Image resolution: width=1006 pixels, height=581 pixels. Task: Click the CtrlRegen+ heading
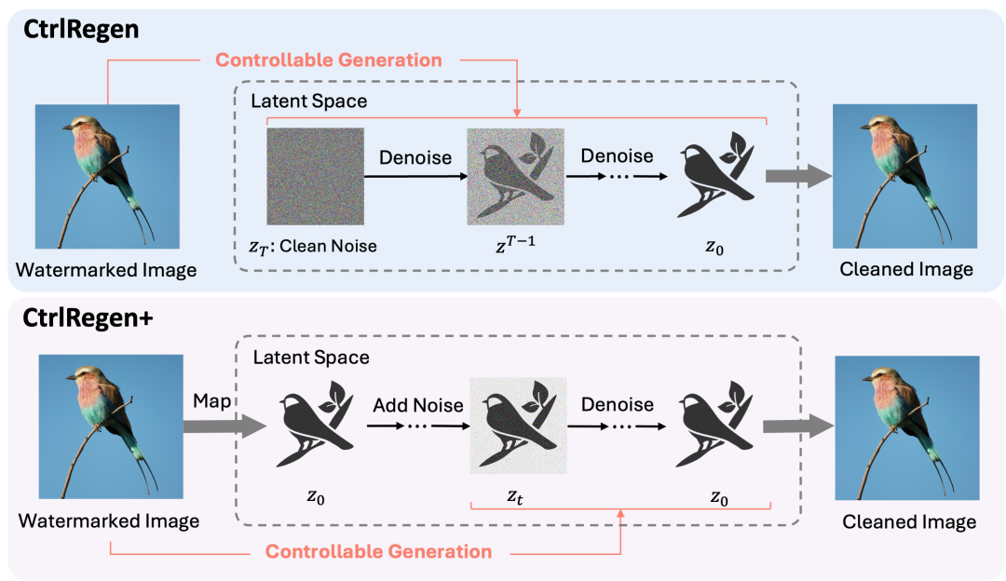88,318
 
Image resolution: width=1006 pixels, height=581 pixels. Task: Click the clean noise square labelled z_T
315,176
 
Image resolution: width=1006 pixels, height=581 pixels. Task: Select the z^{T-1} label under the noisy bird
515,244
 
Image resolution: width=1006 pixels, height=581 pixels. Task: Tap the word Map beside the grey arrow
211,401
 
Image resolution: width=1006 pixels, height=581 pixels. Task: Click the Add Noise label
418,405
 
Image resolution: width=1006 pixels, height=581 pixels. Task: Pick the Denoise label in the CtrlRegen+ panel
618,405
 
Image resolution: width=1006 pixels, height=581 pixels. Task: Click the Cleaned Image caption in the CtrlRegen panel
906,269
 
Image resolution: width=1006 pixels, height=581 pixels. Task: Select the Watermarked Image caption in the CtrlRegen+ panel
108,520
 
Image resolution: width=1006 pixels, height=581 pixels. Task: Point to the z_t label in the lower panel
515,497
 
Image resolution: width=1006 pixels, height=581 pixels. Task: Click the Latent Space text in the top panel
308,101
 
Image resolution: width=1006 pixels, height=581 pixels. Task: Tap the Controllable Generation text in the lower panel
378,551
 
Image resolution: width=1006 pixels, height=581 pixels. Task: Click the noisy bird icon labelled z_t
519,426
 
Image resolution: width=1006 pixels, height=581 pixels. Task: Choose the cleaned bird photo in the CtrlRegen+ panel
907,427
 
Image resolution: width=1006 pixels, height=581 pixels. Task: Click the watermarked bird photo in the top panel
107,176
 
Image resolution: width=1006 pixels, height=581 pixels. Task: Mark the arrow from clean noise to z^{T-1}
415,176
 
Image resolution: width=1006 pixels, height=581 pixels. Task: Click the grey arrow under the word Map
224,426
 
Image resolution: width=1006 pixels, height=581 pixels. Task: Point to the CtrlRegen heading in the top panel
81,29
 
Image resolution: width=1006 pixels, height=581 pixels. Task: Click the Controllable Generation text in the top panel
329,60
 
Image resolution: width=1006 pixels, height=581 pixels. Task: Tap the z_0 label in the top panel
714,248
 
